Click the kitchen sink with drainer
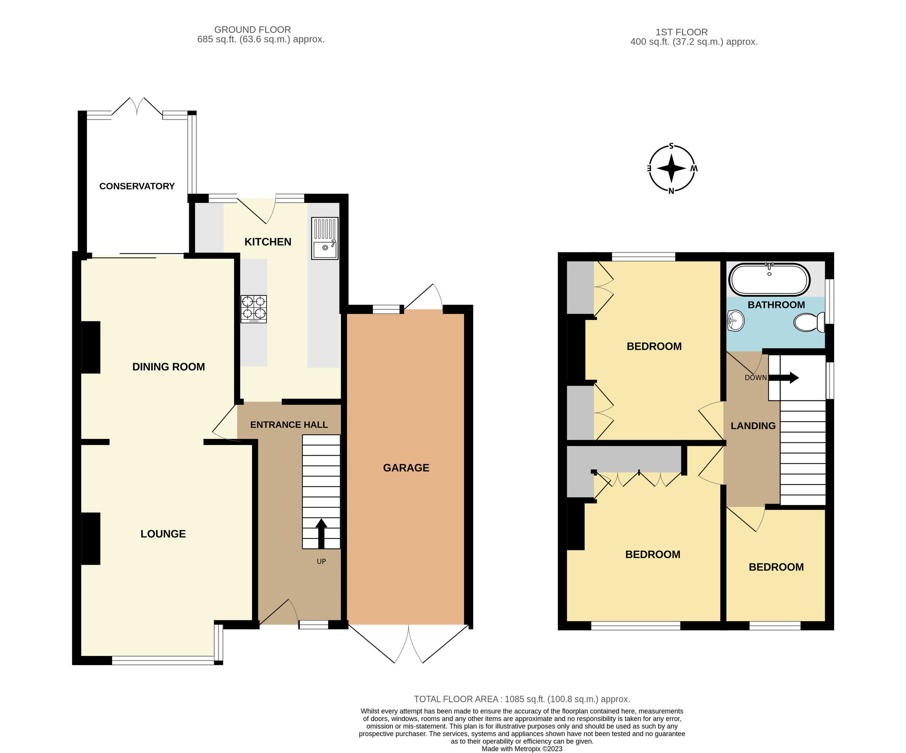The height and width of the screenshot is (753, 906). tap(324, 238)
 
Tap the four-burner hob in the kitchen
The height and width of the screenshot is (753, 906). tap(254, 309)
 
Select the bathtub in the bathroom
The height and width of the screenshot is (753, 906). tap(769, 279)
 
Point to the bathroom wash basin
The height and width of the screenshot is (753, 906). tap(735, 321)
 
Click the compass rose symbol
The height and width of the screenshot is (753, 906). tap(671, 169)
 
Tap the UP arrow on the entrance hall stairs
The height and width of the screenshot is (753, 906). tap(321, 533)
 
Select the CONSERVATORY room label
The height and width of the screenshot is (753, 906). tap(137, 186)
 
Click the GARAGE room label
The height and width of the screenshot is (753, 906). tap(406, 468)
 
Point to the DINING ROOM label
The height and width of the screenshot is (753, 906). tap(168, 366)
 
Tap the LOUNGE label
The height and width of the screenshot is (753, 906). tap(163, 534)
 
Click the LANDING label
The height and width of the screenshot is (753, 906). tap(753, 426)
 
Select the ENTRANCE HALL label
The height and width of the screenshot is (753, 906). tap(288, 425)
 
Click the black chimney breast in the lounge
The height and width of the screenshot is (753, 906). tap(91, 538)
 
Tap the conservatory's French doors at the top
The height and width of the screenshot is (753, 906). tap(137, 107)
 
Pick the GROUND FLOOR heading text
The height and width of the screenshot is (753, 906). tap(253, 30)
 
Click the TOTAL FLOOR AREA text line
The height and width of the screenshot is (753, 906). tap(522, 699)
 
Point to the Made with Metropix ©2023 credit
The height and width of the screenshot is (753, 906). tap(522, 749)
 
